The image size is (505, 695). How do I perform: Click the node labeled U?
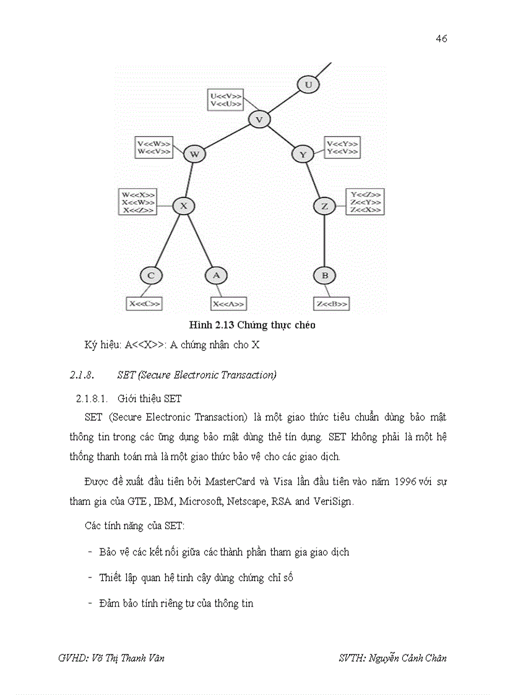coord(308,84)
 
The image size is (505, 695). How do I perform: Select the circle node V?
coord(259,119)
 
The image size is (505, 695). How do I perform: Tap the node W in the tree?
coord(194,154)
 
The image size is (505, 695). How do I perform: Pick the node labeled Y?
coord(303,155)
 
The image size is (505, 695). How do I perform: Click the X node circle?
coord(183,205)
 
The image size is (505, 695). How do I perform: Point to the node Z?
coord(325,205)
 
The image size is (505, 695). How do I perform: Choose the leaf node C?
coord(150,275)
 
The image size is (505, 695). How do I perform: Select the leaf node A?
coord(216,275)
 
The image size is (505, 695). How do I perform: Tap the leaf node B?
coord(324,275)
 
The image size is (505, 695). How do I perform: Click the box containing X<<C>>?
coord(144,304)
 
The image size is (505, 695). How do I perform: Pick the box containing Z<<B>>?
coord(332,304)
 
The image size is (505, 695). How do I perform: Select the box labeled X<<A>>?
coord(228,304)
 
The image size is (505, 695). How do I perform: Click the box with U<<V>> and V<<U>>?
coord(225,99)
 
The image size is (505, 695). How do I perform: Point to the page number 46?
coord(441,39)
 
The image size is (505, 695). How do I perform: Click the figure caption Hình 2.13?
coord(256,324)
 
